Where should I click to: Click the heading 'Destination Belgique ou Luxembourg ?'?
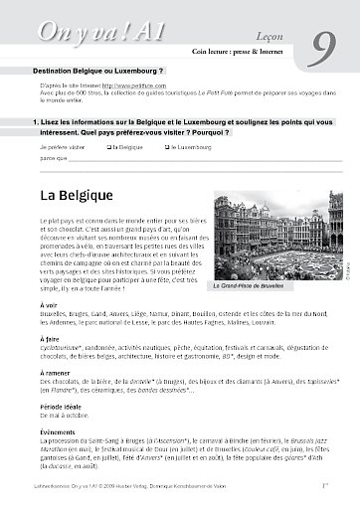98,73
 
